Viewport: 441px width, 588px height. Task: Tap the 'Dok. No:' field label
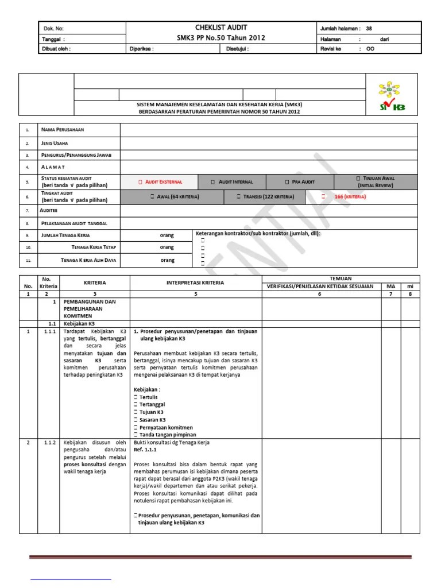(x=53, y=28)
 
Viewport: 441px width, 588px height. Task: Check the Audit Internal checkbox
(x=212, y=182)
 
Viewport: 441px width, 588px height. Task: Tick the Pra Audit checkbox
(x=287, y=182)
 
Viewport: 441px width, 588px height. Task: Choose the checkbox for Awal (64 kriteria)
(x=152, y=197)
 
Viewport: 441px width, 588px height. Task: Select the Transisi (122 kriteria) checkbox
(x=238, y=197)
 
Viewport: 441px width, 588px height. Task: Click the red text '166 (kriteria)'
(x=350, y=197)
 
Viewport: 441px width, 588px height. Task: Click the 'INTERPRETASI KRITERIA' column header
(x=195, y=283)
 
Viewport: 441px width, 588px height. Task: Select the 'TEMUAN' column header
(x=339, y=278)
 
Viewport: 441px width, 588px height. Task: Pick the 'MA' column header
(x=390, y=286)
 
